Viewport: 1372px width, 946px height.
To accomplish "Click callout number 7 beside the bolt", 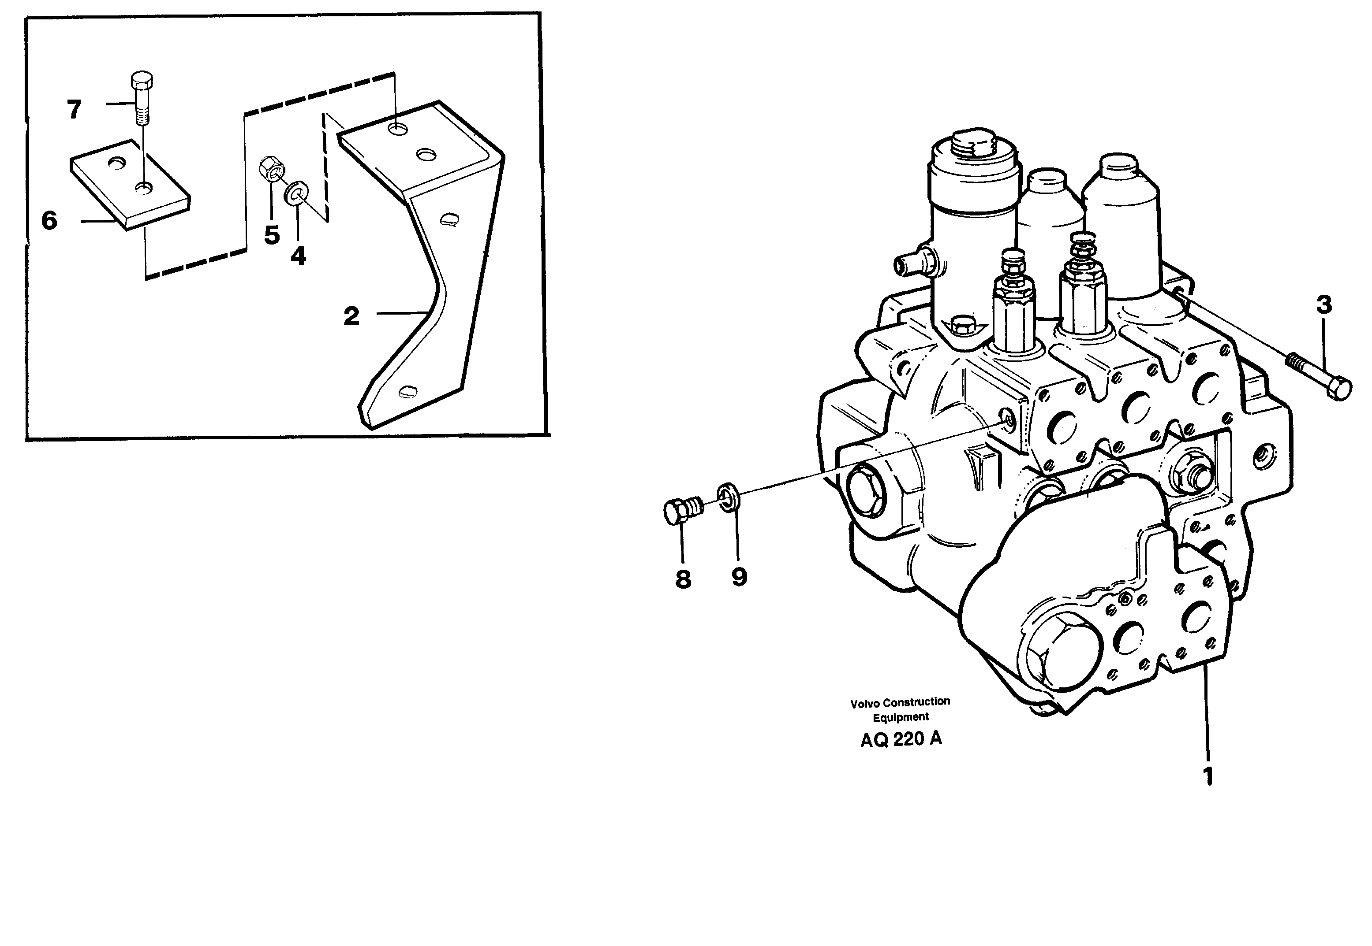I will (x=74, y=110).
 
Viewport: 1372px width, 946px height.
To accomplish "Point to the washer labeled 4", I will (x=295, y=192).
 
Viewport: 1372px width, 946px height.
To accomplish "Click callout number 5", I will (x=272, y=235).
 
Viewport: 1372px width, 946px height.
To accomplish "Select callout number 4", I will (x=298, y=256).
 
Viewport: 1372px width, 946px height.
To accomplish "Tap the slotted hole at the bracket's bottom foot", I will (x=408, y=391).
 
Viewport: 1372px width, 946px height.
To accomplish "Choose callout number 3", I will (x=1324, y=305).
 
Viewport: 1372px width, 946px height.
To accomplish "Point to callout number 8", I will (x=683, y=579).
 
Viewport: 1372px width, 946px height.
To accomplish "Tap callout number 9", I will (x=739, y=576).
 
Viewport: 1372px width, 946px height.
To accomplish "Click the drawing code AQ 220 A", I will (x=901, y=739).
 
